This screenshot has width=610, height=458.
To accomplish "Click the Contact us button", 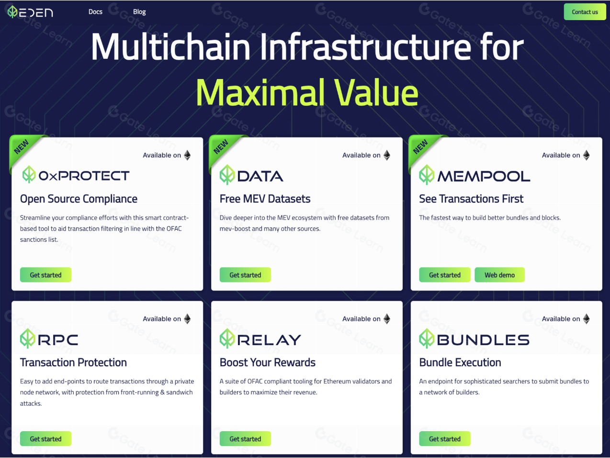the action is click(x=585, y=12).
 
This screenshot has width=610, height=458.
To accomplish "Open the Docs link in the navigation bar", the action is click(x=95, y=12).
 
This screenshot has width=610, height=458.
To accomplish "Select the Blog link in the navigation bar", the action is click(x=139, y=12).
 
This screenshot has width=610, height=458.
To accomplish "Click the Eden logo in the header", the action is click(x=30, y=12).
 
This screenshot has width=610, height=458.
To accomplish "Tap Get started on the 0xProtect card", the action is click(x=45, y=275).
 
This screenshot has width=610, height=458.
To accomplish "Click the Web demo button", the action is click(x=500, y=275).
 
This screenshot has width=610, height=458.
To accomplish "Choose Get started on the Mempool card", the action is click(x=445, y=275).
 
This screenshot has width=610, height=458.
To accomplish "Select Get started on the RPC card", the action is click(x=45, y=439).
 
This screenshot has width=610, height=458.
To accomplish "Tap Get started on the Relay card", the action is click(x=245, y=439).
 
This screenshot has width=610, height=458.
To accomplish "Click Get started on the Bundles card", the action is click(x=445, y=439).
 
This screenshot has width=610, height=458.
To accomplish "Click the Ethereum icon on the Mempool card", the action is click(x=587, y=155).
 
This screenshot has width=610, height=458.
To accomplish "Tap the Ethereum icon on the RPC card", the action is click(x=187, y=319).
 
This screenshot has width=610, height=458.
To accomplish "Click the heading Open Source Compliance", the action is click(x=79, y=199).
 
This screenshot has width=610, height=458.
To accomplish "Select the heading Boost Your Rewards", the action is click(x=267, y=362).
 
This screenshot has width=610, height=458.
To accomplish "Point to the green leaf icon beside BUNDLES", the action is click(x=427, y=338).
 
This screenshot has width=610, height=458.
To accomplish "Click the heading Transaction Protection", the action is click(x=73, y=362).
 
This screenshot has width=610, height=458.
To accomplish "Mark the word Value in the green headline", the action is click(x=376, y=92).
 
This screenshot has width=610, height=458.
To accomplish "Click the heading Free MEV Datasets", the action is click(x=265, y=199).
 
